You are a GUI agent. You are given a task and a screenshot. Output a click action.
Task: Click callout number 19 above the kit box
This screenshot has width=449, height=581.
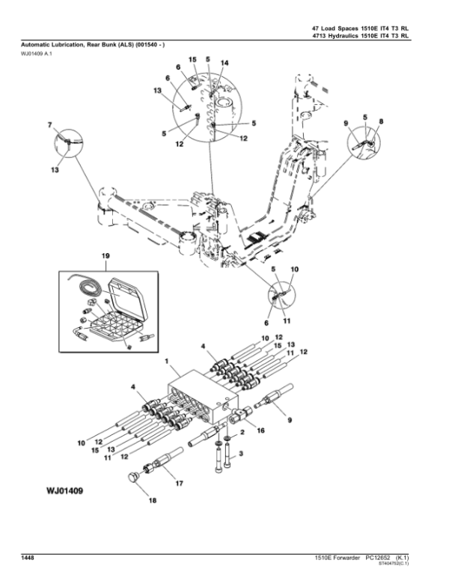(x=106, y=257)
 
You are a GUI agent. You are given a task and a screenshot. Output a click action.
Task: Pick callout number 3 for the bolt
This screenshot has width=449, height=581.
(x=241, y=454)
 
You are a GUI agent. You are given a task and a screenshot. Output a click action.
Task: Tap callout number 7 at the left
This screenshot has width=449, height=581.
(x=50, y=124)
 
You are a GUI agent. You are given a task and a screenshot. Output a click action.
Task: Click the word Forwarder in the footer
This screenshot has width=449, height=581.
(x=346, y=557)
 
